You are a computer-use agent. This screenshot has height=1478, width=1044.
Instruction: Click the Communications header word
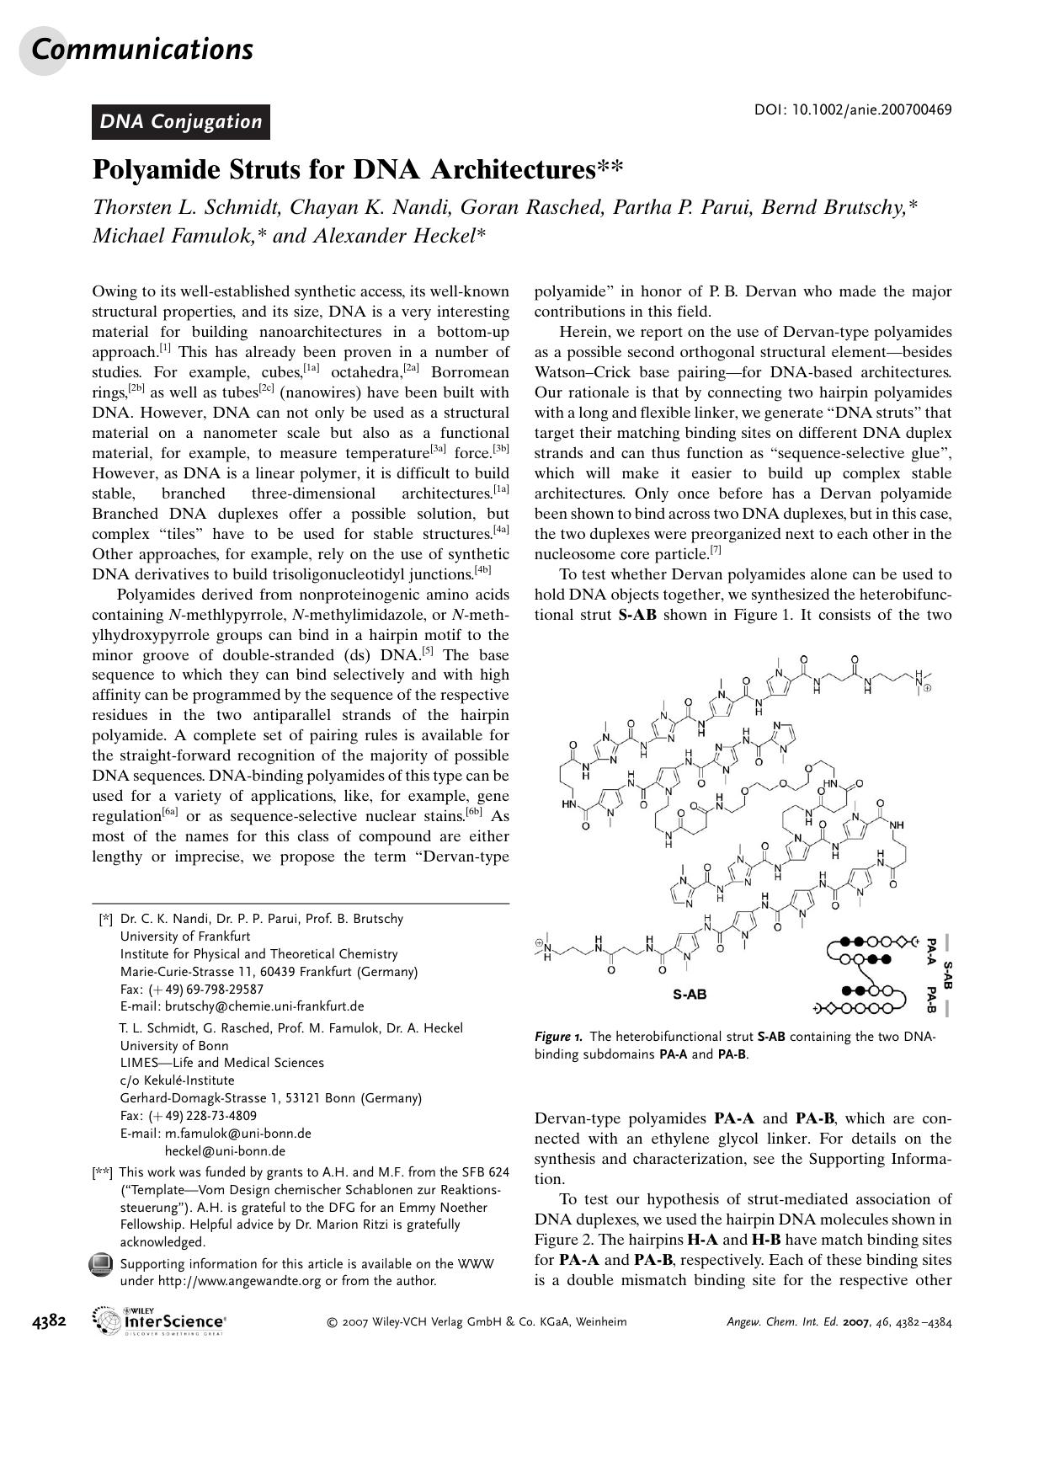pos(142,49)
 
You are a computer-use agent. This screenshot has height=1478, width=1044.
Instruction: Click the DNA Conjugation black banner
pos(181,121)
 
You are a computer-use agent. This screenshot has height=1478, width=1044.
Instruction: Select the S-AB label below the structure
pos(690,995)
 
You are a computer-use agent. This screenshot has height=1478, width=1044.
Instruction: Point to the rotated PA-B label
pos(930,999)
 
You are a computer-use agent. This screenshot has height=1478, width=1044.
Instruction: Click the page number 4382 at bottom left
pos(49,1321)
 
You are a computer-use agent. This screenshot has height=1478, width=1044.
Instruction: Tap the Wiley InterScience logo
pos(160,1321)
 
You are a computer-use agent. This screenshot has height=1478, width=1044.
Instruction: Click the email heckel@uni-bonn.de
pos(225,1151)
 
